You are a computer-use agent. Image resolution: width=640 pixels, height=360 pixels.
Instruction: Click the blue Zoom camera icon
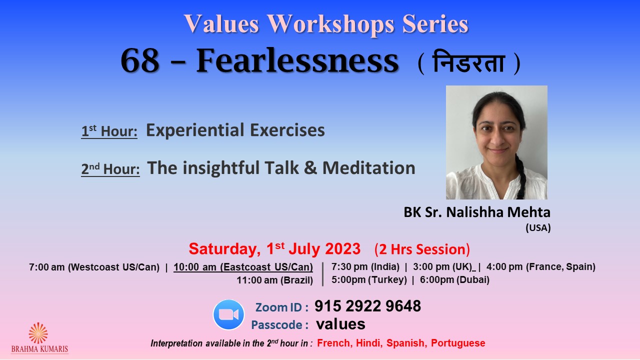pos(228,314)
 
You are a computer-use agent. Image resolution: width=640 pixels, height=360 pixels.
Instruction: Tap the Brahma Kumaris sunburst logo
pos(38,333)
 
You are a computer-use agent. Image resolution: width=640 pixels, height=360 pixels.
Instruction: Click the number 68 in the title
pos(139,61)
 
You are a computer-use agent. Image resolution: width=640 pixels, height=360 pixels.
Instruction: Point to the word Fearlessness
pos(297,60)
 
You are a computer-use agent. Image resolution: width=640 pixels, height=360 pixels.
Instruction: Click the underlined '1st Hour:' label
pos(109,131)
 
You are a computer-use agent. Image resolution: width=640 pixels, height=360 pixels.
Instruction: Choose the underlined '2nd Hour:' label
pos(110,169)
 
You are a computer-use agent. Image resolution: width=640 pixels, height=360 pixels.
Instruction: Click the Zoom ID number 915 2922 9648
pos(367,306)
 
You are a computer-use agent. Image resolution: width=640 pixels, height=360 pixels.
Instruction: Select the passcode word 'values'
pos(340,324)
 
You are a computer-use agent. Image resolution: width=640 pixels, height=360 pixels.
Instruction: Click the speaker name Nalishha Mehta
pos(498,212)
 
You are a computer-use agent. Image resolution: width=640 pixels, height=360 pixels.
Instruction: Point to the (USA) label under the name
pos(538,227)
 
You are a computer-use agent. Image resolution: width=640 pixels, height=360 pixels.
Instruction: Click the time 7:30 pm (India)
pos(365,267)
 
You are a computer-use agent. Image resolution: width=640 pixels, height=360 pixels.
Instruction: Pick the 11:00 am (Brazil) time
pos(275,280)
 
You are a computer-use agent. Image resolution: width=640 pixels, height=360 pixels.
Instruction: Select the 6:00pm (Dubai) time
pos(454,279)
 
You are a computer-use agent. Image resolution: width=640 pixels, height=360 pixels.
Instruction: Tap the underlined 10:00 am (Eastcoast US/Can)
pos(243,267)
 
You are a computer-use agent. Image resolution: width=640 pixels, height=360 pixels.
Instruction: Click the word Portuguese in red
pos(458,343)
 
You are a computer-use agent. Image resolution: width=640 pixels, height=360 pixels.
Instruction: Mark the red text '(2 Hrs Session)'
pos(422,249)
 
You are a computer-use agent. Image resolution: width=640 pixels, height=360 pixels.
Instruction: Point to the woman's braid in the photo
pos(521,177)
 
